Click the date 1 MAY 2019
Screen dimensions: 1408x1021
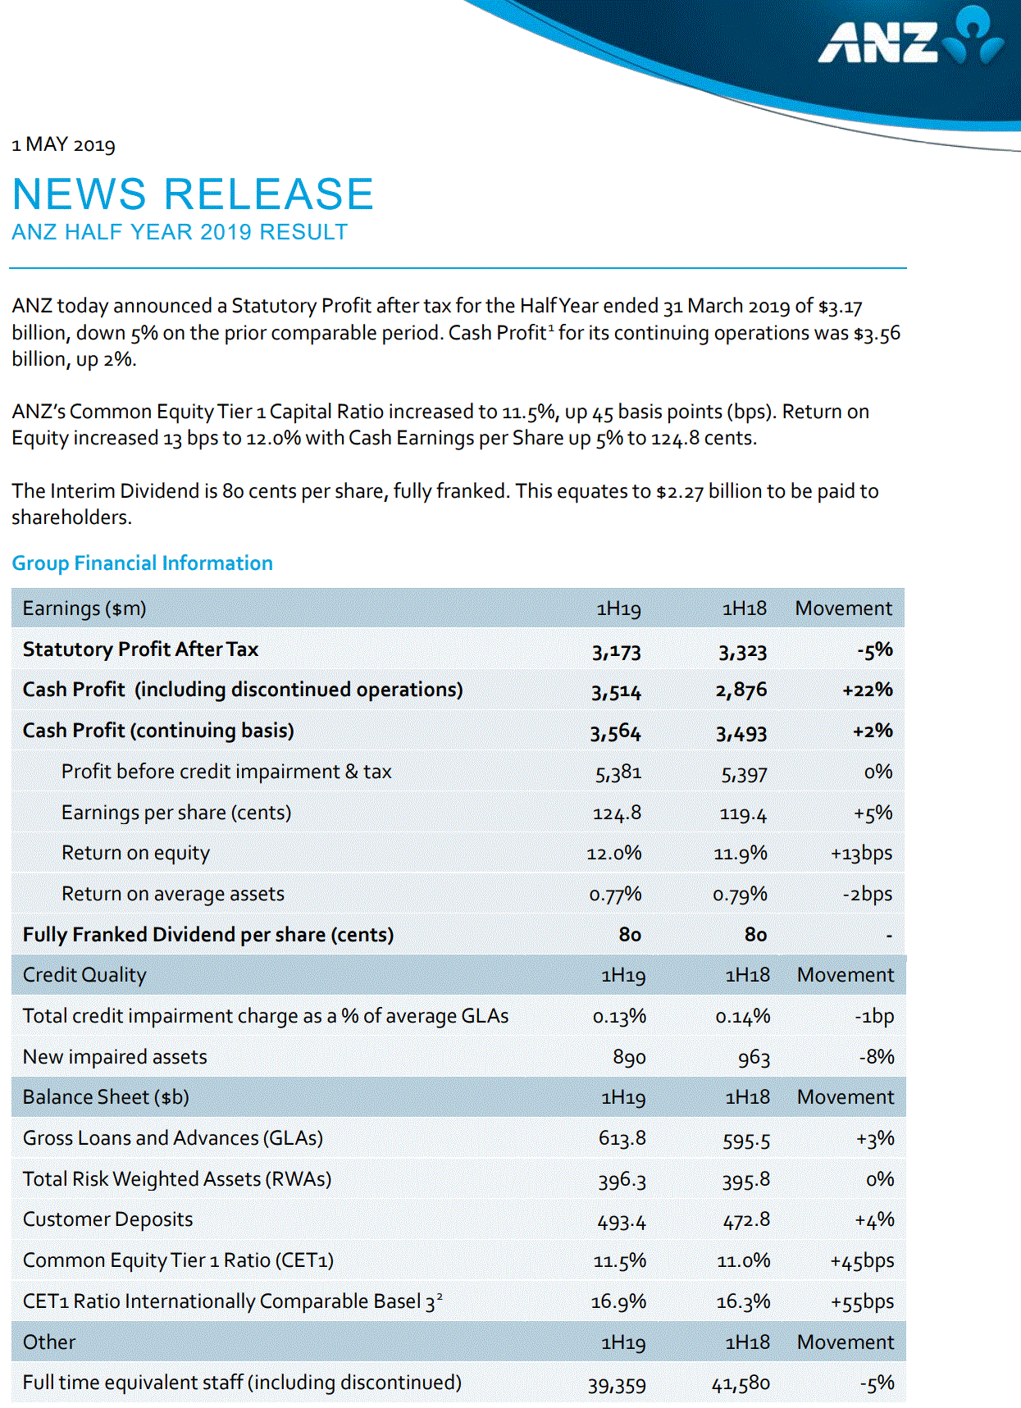pos(63,145)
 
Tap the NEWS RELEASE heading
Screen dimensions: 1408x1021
pos(193,194)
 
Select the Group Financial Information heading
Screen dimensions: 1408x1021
pos(142,563)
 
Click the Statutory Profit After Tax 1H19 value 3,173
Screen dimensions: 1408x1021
pos(616,652)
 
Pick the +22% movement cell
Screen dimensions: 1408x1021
pos(867,690)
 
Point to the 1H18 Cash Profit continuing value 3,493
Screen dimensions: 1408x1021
pos(741,733)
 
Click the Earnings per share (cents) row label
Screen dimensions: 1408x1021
pos(176,813)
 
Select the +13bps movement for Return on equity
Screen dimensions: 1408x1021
pos(861,854)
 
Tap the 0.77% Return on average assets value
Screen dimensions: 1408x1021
pos(615,895)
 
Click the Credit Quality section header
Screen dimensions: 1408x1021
pos(84,975)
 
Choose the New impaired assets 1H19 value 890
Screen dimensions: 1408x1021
pos(629,1058)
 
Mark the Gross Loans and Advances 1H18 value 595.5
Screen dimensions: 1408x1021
pos(746,1140)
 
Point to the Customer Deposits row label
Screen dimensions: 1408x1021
pos(108,1219)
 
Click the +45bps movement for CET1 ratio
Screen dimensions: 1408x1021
pos(862,1261)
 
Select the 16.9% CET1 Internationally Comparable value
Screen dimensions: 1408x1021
pos(618,1301)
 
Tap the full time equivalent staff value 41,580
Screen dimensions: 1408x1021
pos(741,1384)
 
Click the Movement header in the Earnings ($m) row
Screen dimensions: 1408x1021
pos(843,608)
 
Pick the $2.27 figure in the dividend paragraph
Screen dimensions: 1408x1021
pos(679,492)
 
